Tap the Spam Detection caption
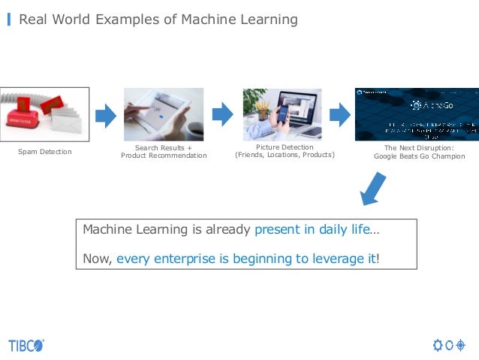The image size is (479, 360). (x=45, y=152)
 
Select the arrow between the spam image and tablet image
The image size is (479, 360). (x=106, y=115)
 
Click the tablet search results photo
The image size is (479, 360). (x=163, y=114)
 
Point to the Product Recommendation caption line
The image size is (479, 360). (x=164, y=156)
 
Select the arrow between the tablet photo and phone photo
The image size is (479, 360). (x=223, y=115)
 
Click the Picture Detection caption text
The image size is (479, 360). (x=285, y=147)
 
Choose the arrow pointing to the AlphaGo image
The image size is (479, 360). (x=341, y=115)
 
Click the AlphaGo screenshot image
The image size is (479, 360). (x=416, y=114)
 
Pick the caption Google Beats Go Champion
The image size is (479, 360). (x=419, y=156)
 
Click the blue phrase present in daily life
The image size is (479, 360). (x=312, y=229)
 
